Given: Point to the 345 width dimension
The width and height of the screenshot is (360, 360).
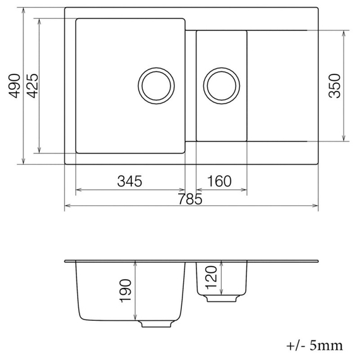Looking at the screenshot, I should pos(129,181).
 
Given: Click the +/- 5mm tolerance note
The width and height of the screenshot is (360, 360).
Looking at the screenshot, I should pos(314,345).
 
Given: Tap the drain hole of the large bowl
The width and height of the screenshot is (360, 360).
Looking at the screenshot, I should pos(155,85).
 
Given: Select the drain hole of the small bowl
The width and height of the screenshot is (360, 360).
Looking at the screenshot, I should pos(221,85).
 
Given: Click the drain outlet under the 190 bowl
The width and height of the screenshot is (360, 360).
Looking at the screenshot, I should pos(155,323).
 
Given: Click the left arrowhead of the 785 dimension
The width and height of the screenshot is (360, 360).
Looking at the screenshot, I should pos(68,206).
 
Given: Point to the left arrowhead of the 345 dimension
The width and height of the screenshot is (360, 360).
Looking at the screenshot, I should pos(78,189).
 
